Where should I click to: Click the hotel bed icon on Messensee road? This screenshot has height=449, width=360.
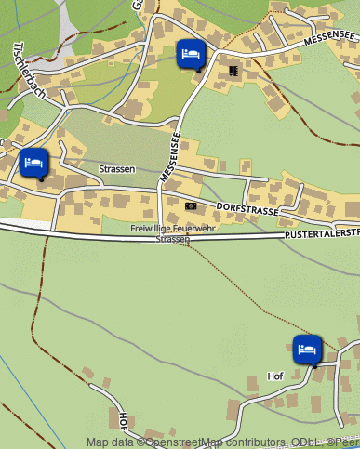click(190, 54)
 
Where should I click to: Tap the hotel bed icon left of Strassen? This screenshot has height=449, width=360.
click(33, 163)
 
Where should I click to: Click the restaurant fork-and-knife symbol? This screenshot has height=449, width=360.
click(233, 70)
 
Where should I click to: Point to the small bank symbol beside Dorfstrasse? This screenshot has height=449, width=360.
click(191, 205)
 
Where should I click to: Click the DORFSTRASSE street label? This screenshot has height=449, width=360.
click(247, 210)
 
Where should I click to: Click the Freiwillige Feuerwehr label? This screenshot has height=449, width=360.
click(172, 229)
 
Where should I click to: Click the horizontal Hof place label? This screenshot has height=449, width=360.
click(274, 376)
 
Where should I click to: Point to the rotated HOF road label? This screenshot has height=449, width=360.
click(125, 424)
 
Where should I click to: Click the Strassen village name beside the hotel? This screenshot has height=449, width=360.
click(117, 169)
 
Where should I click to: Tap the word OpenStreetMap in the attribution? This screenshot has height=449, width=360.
click(178, 442)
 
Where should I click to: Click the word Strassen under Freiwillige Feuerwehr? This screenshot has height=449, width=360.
click(172, 239)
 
